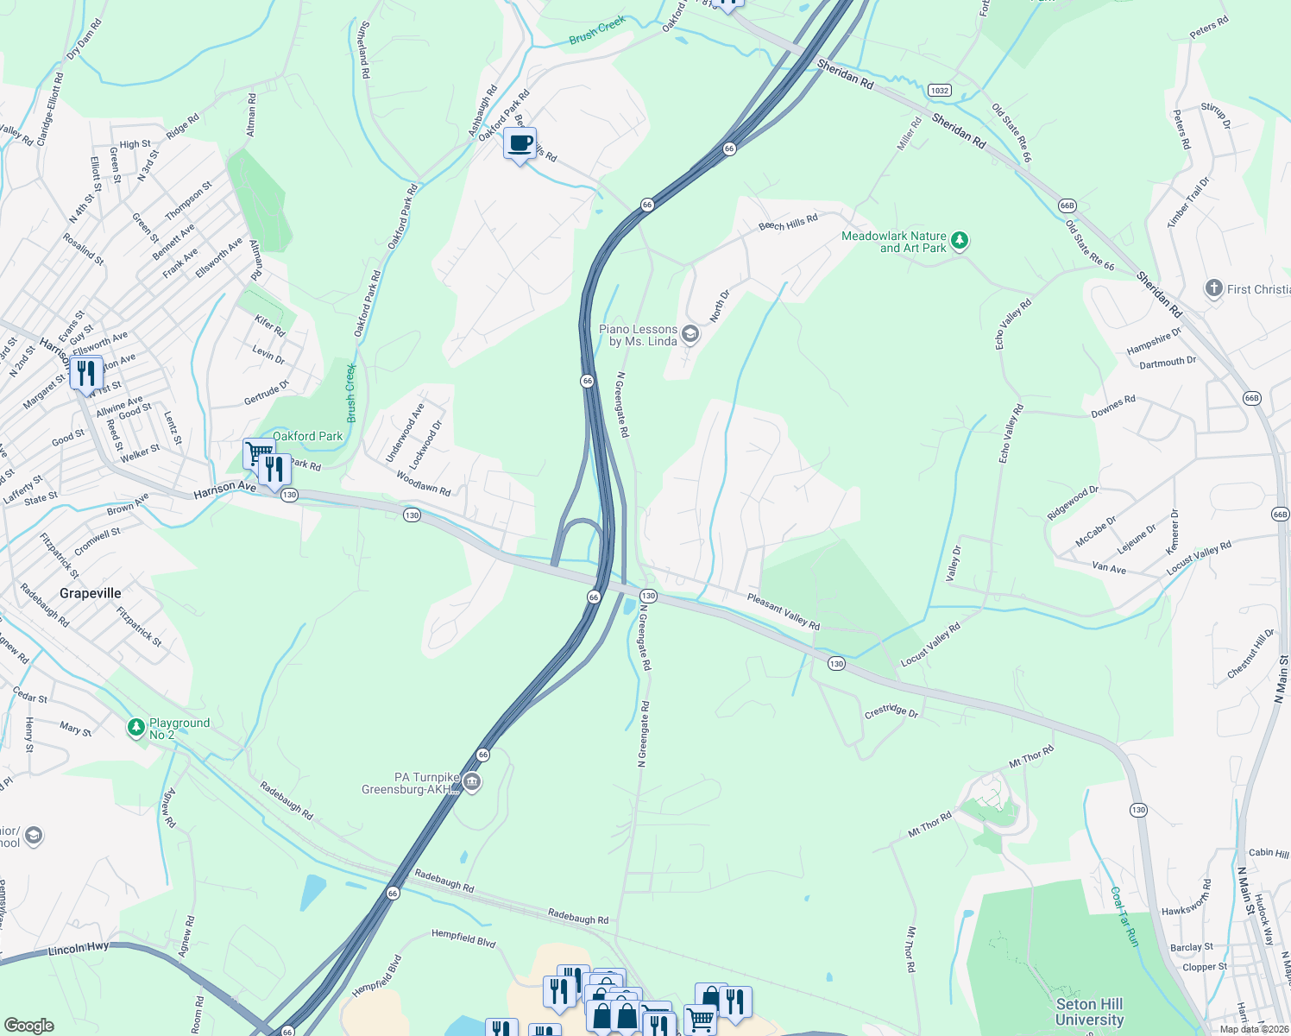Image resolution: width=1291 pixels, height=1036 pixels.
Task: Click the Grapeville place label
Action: [x=91, y=594]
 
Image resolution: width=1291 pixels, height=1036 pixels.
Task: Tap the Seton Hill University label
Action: [x=1089, y=1011]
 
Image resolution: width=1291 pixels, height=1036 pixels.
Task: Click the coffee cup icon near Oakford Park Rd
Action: [x=520, y=144]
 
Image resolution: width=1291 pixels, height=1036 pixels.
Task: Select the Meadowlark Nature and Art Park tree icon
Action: [x=960, y=241]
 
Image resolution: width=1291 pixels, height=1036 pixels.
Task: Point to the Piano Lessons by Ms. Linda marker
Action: [x=690, y=334]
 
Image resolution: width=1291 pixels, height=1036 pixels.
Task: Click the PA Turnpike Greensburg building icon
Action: [x=471, y=783]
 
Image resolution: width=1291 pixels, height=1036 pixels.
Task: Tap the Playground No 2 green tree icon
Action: [x=136, y=728]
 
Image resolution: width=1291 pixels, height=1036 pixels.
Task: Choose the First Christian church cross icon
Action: [x=1214, y=288]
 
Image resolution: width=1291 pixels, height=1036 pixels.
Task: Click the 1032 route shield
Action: [x=940, y=90]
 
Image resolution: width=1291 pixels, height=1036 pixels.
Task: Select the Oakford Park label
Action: [x=308, y=437]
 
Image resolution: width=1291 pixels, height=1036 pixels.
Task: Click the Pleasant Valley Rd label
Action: [x=784, y=610]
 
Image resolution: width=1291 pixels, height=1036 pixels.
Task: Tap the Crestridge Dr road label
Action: [x=891, y=711]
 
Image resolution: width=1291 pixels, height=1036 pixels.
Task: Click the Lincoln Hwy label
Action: [x=79, y=948]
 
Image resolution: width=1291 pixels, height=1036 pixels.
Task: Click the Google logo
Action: [x=28, y=1025]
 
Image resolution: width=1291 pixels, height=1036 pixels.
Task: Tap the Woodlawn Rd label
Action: [x=424, y=483]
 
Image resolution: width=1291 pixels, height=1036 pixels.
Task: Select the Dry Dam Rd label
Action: [x=85, y=40]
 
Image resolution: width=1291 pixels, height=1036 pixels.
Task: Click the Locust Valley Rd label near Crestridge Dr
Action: [x=930, y=644]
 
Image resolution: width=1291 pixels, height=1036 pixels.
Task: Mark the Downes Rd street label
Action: [x=1113, y=407]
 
